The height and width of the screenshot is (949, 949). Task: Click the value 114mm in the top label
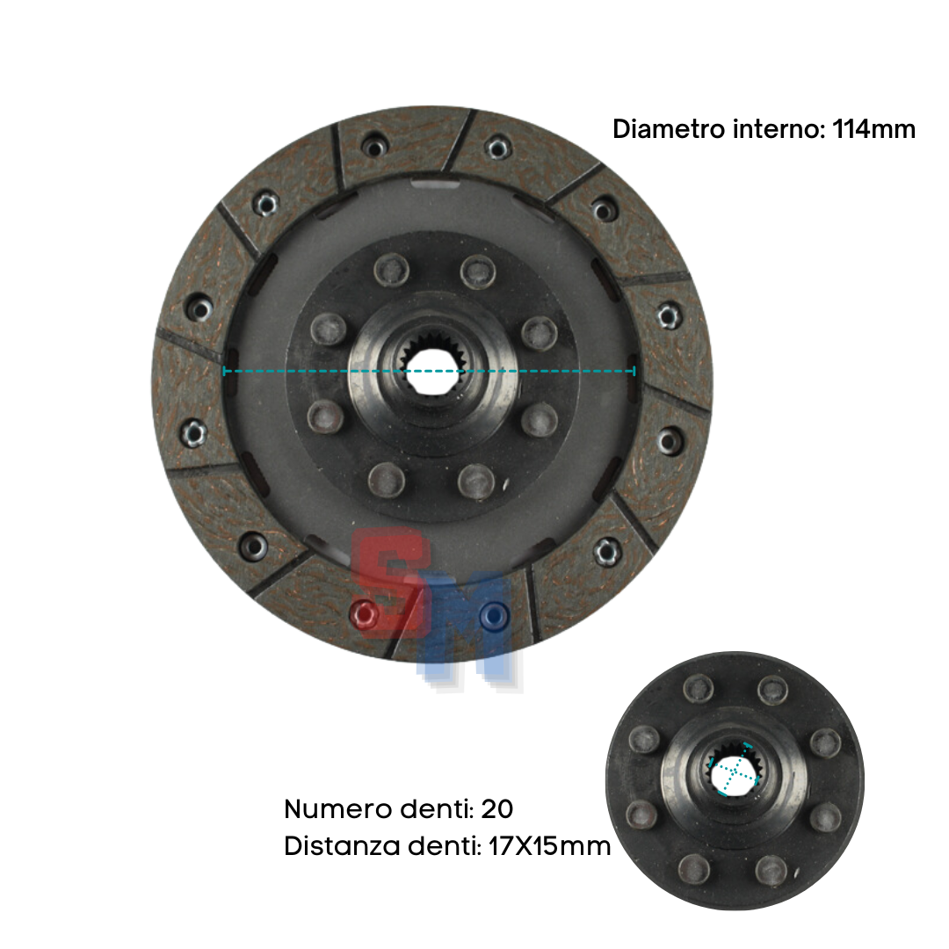(x=873, y=129)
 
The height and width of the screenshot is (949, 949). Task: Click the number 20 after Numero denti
(x=496, y=808)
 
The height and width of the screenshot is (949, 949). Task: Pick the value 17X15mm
(x=549, y=845)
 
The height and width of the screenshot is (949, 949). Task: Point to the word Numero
(x=339, y=808)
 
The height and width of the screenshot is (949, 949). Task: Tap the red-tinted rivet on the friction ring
(x=365, y=614)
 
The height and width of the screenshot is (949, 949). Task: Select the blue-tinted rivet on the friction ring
(x=493, y=616)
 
